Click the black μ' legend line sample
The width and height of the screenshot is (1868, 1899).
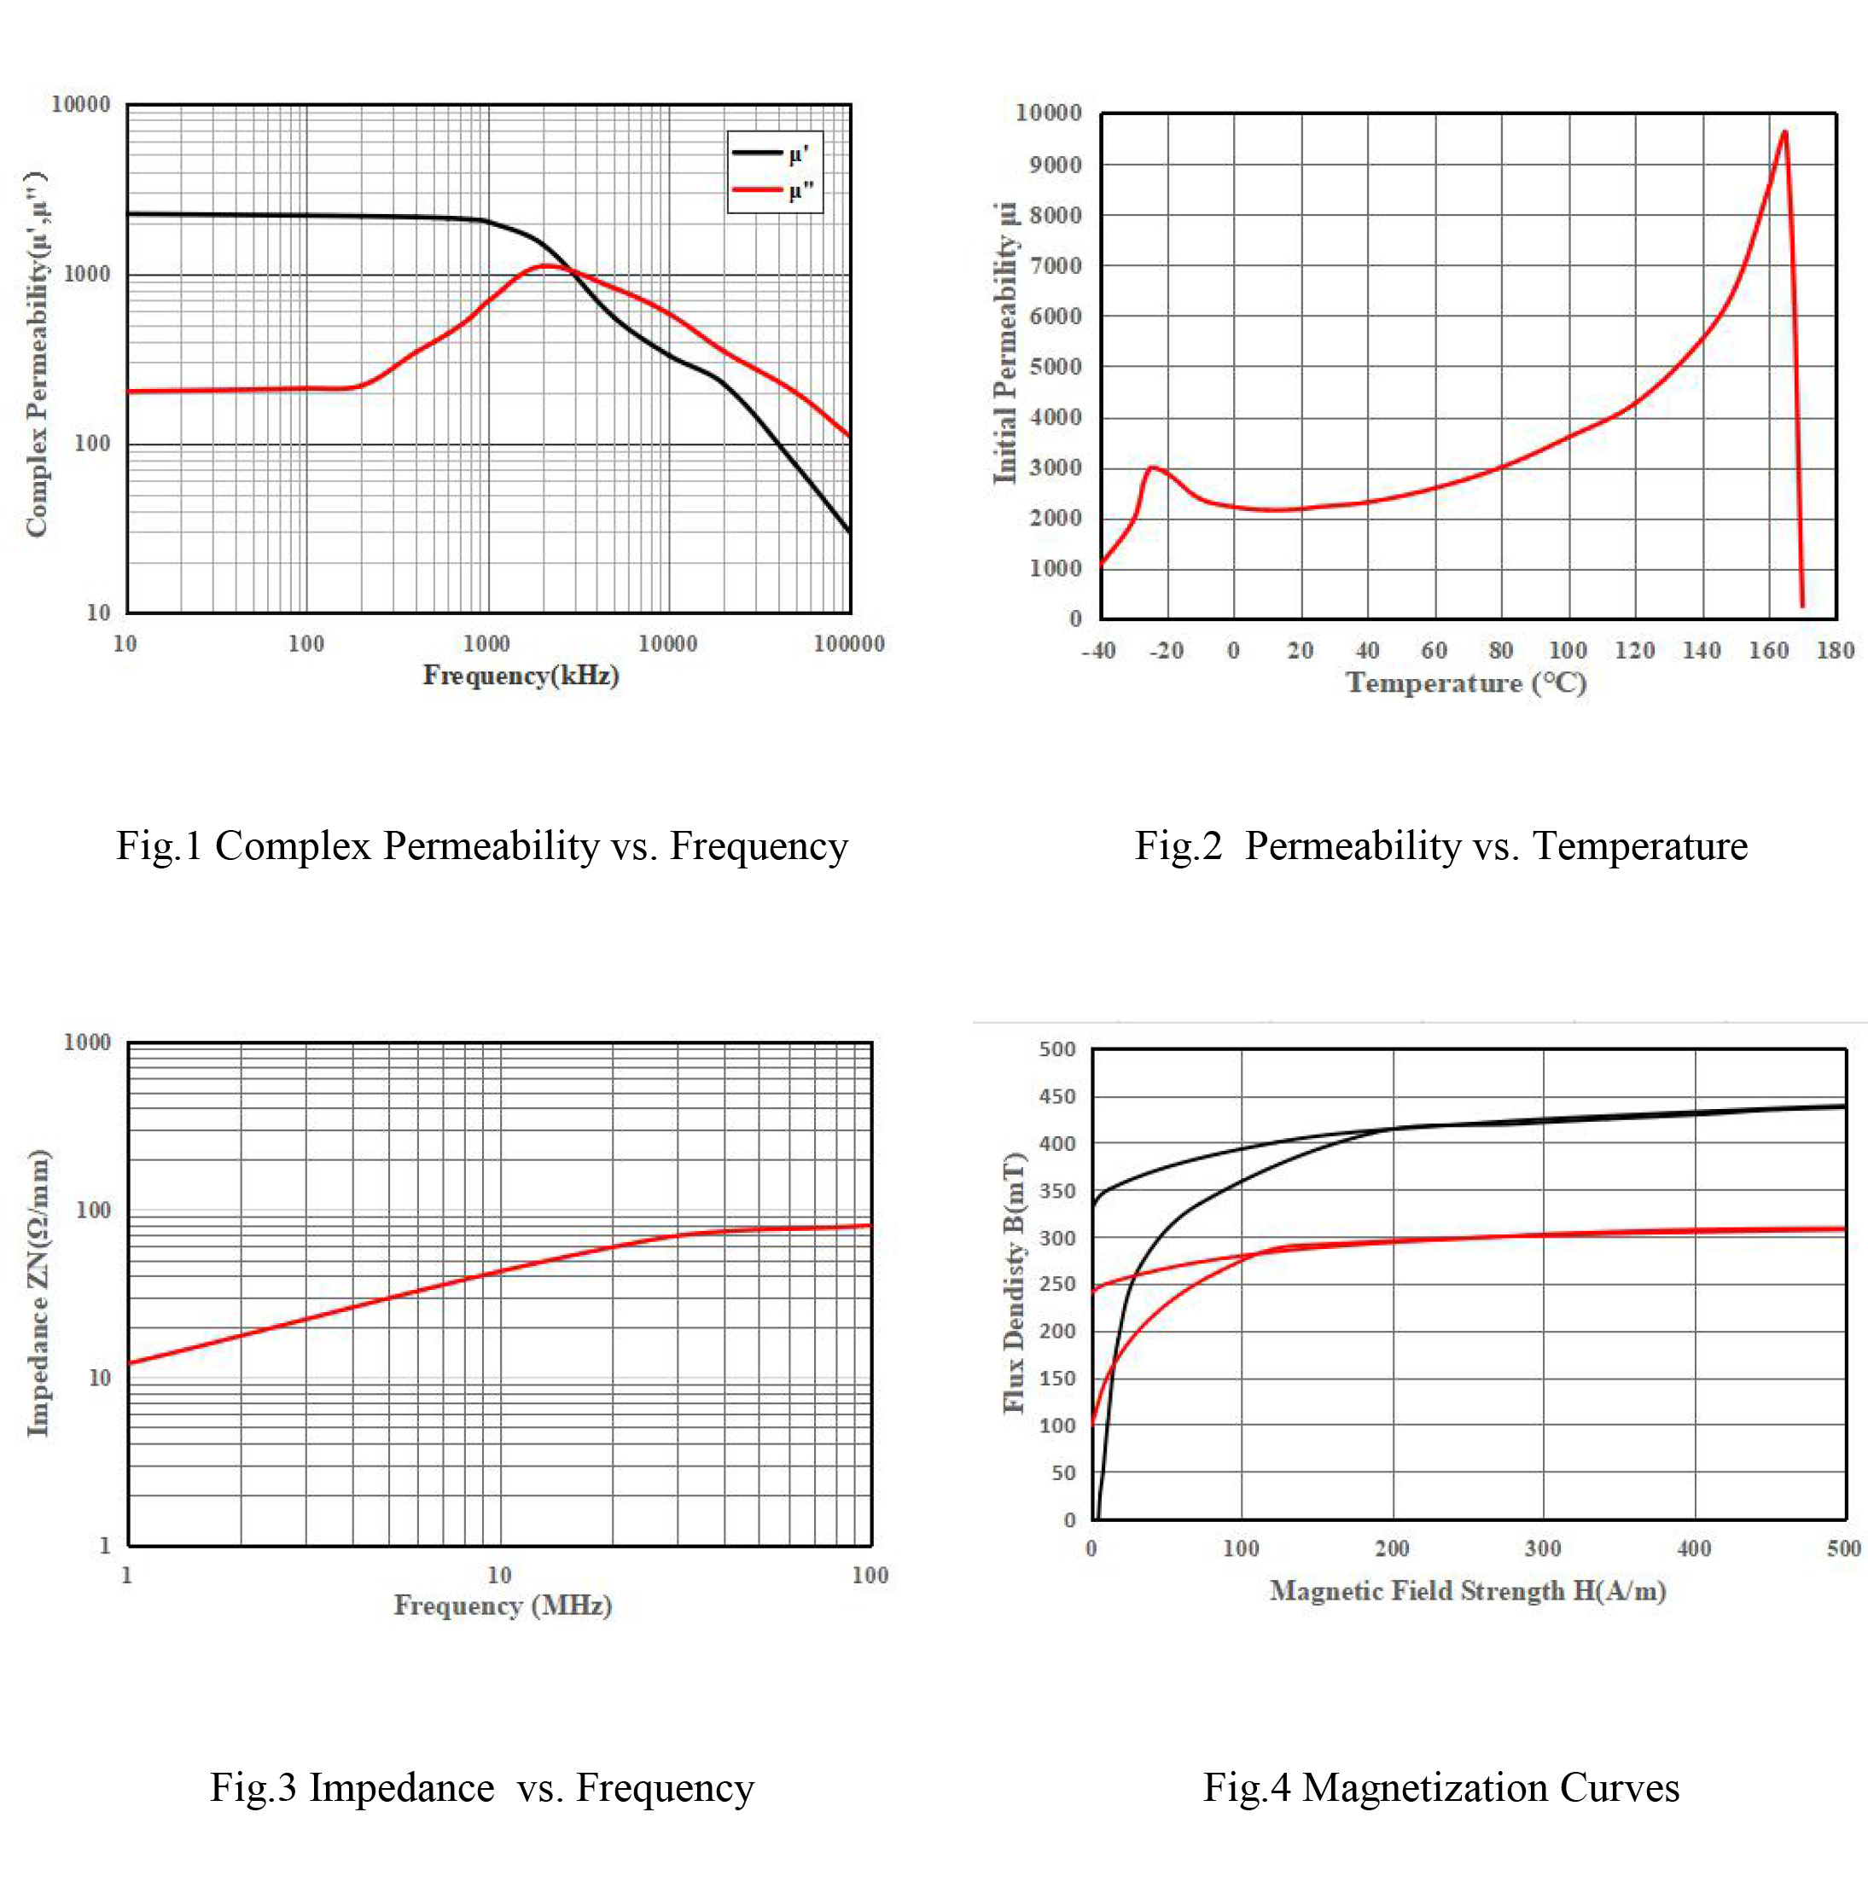pyautogui.click(x=756, y=153)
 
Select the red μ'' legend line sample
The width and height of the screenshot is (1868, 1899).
pyautogui.click(x=756, y=189)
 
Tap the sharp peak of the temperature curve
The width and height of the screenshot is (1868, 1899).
pyautogui.click(x=1784, y=132)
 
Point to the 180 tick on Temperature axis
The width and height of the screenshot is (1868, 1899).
pyautogui.click(x=1835, y=650)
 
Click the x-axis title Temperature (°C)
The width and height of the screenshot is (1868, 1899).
pyautogui.click(x=1466, y=682)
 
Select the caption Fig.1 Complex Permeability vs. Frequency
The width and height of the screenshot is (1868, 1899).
pyautogui.click(x=481, y=845)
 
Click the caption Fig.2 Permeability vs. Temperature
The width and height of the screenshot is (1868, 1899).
pyautogui.click(x=1440, y=845)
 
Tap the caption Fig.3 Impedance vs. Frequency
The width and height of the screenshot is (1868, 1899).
pyautogui.click(x=481, y=1787)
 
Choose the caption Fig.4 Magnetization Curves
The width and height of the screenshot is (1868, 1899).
pyautogui.click(x=1440, y=1787)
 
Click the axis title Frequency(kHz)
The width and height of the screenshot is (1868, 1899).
pyautogui.click(x=521, y=675)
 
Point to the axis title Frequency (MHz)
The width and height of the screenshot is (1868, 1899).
pyautogui.click(x=503, y=1605)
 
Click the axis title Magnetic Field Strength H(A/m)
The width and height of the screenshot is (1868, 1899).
pyautogui.click(x=1468, y=1590)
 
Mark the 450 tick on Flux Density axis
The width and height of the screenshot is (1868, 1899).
pyautogui.click(x=1056, y=1096)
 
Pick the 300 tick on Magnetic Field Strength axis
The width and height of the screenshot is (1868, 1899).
pyautogui.click(x=1542, y=1549)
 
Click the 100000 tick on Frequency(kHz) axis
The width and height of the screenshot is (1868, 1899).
pyautogui.click(x=848, y=643)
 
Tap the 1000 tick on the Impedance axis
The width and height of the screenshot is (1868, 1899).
pyautogui.click(x=87, y=1042)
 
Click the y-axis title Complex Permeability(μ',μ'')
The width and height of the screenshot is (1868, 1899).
pyautogui.click(x=37, y=355)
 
